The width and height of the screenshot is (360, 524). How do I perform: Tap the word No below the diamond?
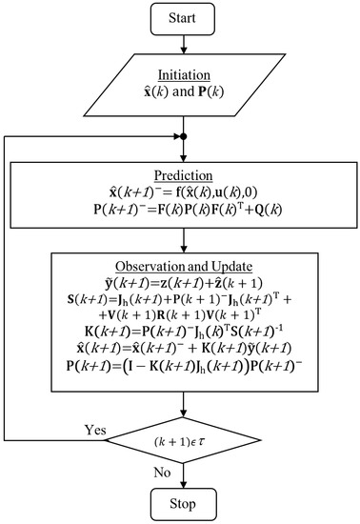pyautogui.click(x=163, y=471)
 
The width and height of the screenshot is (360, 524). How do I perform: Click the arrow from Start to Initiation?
pyautogui.click(x=181, y=42)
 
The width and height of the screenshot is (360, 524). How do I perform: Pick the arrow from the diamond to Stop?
pyautogui.click(x=181, y=472)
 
